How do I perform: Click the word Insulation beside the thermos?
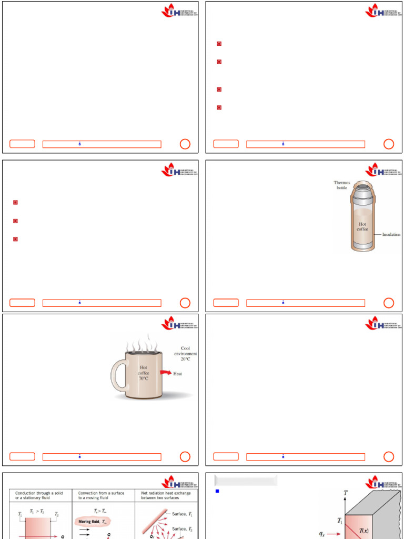click(x=391, y=235)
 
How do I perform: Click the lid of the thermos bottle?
click(x=361, y=186)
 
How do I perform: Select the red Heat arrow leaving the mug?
click(x=165, y=373)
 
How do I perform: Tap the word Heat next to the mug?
click(x=178, y=374)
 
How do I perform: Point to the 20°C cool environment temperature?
click(x=185, y=359)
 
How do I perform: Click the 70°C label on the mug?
click(x=143, y=378)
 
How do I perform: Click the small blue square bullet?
click(x=217, y=491)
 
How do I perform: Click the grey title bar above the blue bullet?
click(x=246, y=480)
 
